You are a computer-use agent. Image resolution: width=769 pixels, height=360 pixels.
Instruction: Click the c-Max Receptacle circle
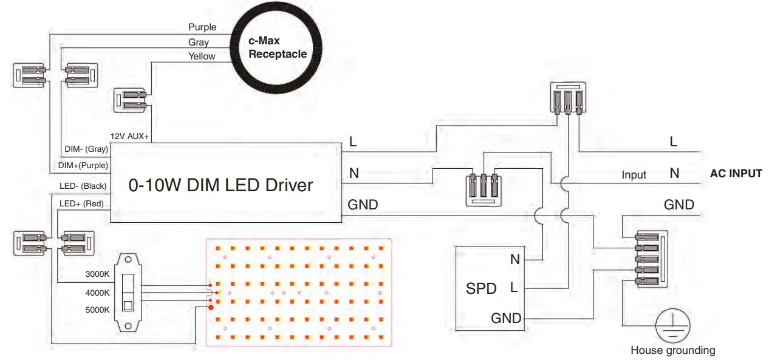point(276,48)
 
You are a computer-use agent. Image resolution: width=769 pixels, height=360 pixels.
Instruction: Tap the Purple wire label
point(202,27)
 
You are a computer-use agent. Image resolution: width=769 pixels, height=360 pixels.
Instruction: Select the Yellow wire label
point(202,56)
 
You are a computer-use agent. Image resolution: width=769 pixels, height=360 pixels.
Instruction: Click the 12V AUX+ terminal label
point(129,136)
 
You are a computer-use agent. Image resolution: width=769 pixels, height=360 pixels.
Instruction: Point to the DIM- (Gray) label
point(86,149)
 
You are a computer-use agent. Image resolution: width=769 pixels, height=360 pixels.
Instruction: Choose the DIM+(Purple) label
point(83,165)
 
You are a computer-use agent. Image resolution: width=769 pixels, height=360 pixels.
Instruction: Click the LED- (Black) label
point(83,186)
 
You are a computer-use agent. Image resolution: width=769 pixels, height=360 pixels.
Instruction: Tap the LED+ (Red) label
point(81,203)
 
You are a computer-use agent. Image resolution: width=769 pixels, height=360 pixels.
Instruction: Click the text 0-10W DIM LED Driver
point(220,185)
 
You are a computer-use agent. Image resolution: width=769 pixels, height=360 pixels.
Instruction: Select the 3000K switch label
point(97,274)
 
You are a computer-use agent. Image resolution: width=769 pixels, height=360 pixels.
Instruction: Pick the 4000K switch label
point(97,293)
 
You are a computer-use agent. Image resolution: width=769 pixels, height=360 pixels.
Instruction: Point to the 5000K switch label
point(97,310)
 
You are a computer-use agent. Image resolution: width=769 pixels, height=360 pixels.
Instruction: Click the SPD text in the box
point(481,288)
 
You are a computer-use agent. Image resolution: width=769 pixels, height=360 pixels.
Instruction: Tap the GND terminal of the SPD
point(506,318)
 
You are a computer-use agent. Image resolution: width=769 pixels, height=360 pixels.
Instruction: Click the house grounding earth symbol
point(672,325)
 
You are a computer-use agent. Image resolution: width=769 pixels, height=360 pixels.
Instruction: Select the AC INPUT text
point(736,174)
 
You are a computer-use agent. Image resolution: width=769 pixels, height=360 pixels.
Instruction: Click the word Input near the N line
point(634,175)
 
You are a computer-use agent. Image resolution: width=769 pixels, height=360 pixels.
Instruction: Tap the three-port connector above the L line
point(568,98)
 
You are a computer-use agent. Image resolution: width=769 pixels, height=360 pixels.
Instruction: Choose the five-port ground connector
point(651,259)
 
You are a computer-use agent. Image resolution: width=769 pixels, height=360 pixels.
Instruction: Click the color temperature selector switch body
point(128,293)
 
